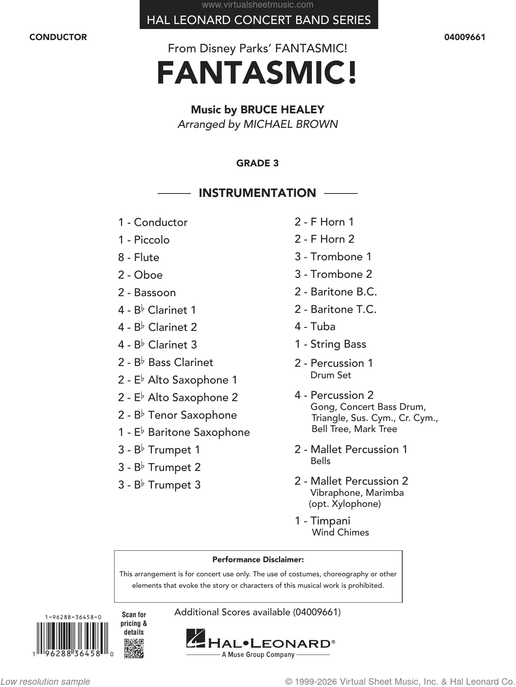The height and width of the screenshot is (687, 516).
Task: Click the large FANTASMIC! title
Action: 257,73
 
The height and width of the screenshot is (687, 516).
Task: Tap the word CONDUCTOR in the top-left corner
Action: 58,37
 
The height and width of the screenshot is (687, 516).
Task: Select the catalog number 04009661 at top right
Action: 464,37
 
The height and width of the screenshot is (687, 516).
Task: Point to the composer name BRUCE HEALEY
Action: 282,110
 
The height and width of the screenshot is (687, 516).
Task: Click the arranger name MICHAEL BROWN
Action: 290,124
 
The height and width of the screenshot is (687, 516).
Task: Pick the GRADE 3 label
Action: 257,163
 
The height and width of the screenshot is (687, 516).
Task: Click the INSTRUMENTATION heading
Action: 257,193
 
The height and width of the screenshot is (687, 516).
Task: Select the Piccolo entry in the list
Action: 152,240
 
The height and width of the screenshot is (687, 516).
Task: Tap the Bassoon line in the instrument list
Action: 155,293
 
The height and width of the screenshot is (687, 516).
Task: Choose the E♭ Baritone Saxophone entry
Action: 198,432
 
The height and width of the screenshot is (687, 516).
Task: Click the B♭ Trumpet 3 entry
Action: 174,485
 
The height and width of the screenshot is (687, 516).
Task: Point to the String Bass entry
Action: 338,344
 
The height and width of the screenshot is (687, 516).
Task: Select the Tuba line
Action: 323,327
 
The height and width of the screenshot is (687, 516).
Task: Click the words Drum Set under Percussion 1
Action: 331,375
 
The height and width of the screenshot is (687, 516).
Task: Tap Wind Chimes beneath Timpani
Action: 340,532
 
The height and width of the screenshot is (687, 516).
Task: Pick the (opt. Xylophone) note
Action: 345,504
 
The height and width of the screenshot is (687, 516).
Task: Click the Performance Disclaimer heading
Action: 258,560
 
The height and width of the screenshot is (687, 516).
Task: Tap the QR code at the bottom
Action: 134,648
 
